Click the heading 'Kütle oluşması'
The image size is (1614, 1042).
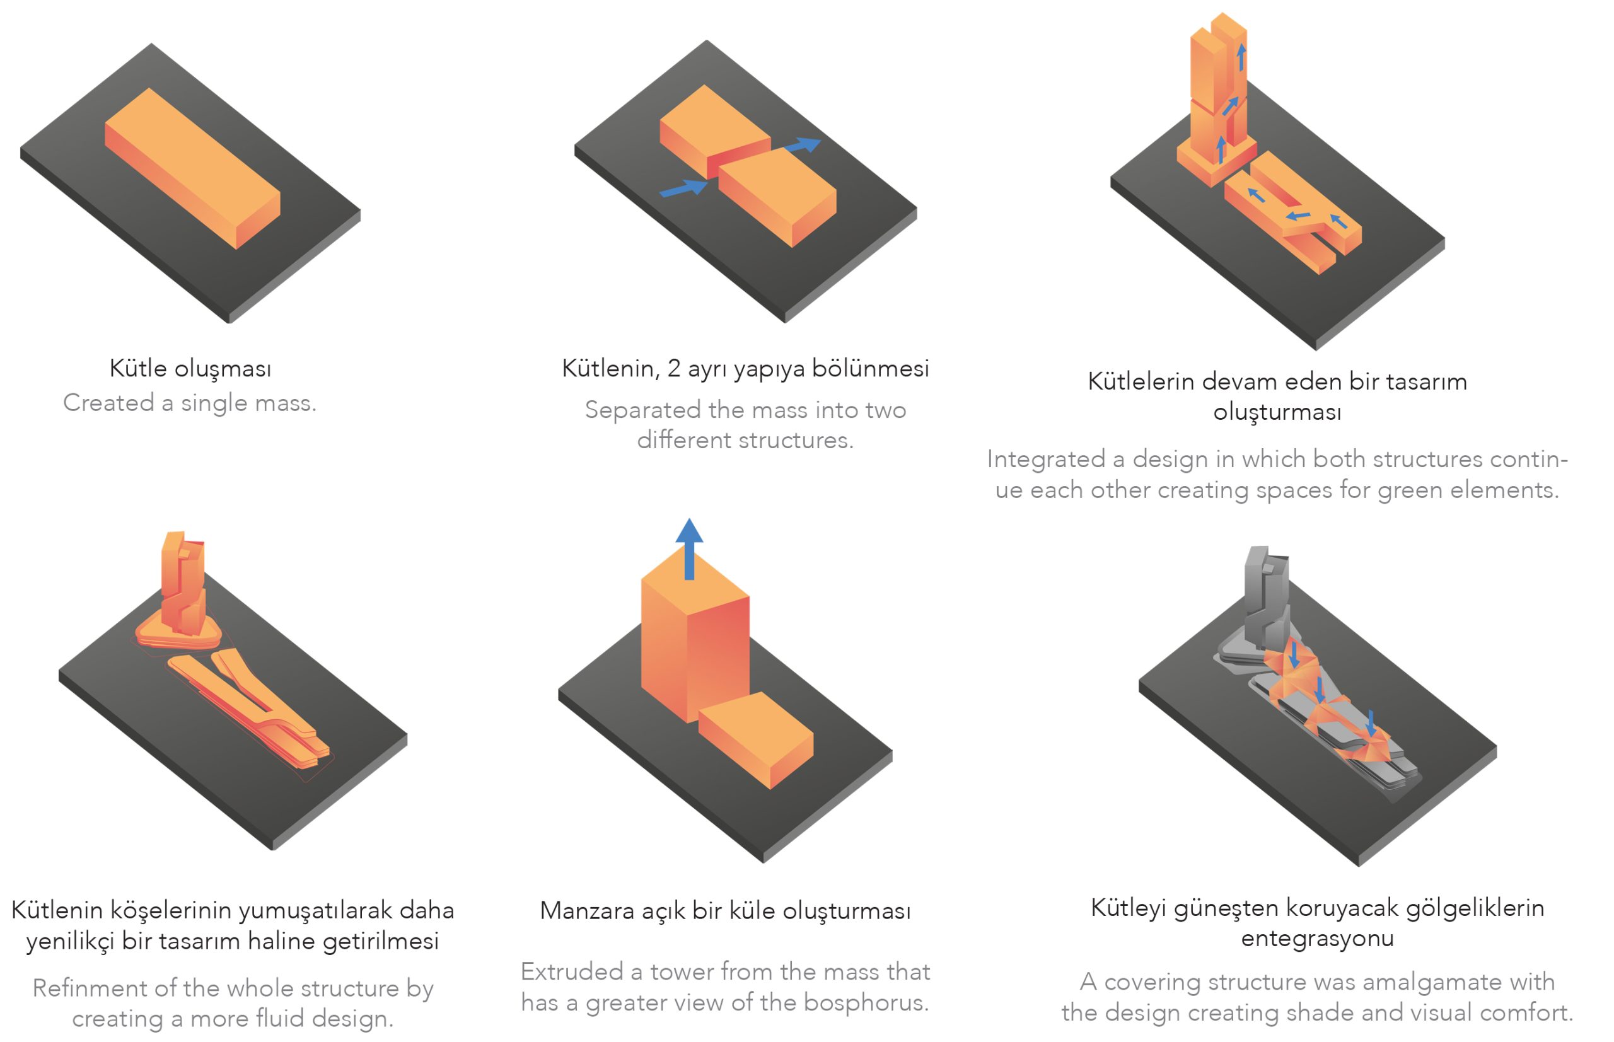tap(190, 369)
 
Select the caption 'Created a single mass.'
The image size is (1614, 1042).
tap(190, 403)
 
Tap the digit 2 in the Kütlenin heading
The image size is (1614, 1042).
tap(674, 368)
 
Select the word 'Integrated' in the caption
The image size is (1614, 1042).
tap(1046, 459)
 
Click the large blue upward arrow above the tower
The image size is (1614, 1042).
tap(689, 549)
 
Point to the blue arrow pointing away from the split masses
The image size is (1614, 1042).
tap(802, 145)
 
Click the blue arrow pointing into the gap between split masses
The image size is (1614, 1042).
tap(683, 187)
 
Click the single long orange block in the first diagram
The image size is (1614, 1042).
tap(192, 168)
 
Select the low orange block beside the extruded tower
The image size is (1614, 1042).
tap(756, 740)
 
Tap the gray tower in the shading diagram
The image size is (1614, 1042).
tap(1265, 599)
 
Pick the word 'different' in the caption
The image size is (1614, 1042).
tap(684, 441)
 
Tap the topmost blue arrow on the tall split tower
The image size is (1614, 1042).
tap(1241, 57)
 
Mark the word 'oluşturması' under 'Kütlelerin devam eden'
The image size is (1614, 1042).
tap(1277, 412)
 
